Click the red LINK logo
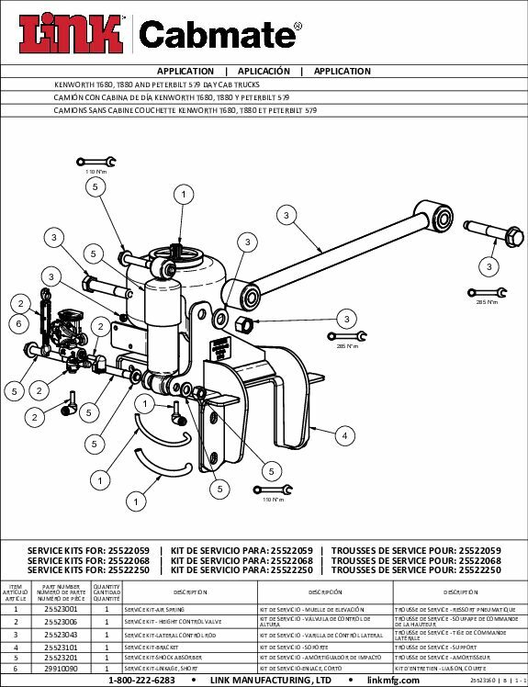69,35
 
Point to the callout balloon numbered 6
17,323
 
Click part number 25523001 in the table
62,609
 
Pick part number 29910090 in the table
62,671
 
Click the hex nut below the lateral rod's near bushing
245,324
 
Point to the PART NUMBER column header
62,592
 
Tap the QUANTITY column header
107,592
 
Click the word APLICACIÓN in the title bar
264,71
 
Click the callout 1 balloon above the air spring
185,195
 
